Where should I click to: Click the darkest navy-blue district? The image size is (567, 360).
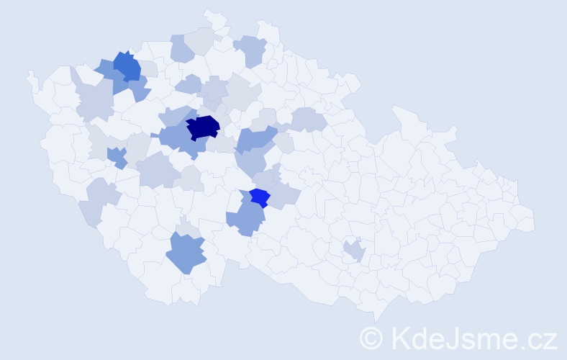pos(202,127)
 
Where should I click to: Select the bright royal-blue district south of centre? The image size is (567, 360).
pos(259,197)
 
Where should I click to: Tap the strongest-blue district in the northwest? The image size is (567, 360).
pos(127,66)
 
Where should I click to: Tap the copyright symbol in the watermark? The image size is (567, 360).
pos(371,338)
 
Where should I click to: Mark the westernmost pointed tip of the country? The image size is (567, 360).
pos(29,73)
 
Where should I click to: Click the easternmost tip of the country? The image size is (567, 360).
pos(535,221)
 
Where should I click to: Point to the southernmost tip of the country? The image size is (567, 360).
pos(376,321)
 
